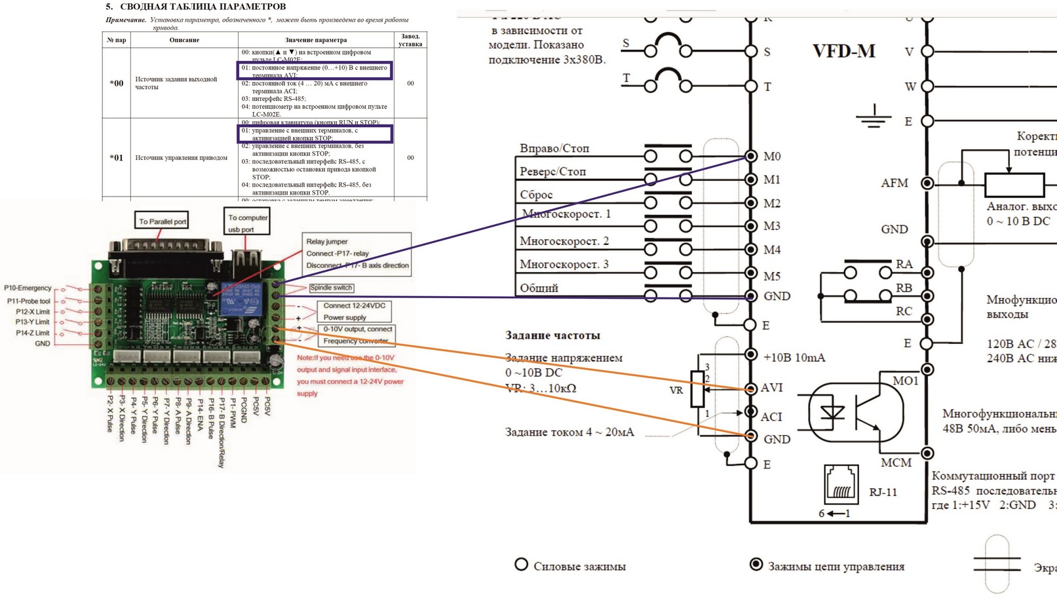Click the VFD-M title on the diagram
pyautogui.click(x=843, y=51)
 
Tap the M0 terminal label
pyautogui.click(x=772, y=156)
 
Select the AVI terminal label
pyautogui.click(x=772, y=388)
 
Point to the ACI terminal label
pyautogui.click(x=772, y=416)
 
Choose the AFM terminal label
pyautogui.click(x=894, y=183)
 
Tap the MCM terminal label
pyautogui.click(x=896, y=463)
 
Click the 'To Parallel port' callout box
pyautogui.click(x=162, y=221)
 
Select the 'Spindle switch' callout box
pyautogui.click(x=331, y=288)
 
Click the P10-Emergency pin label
pyautogui.click(x=28, y=288)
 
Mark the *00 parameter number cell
pyautogui.click(x=117, y=83)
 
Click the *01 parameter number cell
pyautogui.click(x=117, y=157)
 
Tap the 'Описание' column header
pyautogui.click(x=184, y=40)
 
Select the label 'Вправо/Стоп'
pyautogui.click(x=554, y=149)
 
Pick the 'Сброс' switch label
pyautogui.click(x=536, y=195)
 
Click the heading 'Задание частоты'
pyautogui.click(x=552, y=335)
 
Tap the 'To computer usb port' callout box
pyautogui.click(x=247, y=223)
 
